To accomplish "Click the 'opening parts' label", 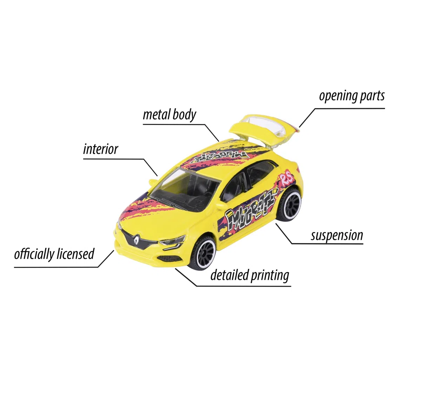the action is (x=352, y=97).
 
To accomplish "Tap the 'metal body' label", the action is (x=169, y=115).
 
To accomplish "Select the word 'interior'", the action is (x=100, y=149).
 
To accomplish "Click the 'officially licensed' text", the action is (x=54, y=254).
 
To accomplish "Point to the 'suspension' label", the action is (x=337, y=236).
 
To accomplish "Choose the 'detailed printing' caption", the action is (x=250, y=275).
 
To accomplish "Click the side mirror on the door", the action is (x=222, y=206).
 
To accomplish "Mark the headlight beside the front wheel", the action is (x=172, y=241).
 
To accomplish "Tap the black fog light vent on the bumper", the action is (x=169, y=259).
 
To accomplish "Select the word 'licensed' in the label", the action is (x=76, y=254).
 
